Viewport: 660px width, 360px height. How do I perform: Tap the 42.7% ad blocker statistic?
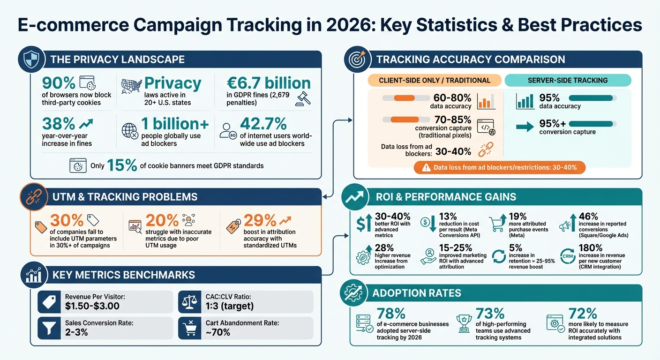coord(263,124)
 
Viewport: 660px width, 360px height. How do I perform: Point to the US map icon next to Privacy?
coord(131,85)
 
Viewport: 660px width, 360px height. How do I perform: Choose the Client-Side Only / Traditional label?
coord(434,80)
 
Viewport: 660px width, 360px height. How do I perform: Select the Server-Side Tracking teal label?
coord(567,80)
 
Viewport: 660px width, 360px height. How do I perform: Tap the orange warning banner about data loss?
coord(500,167)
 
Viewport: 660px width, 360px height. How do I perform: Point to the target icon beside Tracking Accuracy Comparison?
coord(355,60)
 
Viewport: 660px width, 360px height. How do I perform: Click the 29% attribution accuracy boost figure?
coord(256,221)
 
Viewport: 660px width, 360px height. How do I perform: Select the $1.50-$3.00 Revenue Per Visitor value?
coord(92,306)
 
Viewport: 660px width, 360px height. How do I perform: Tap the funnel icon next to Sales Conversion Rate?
coord(49,328)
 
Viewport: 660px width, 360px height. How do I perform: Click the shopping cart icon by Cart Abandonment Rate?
coord(190,328)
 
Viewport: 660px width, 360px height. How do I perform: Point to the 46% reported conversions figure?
coord(588,216)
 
